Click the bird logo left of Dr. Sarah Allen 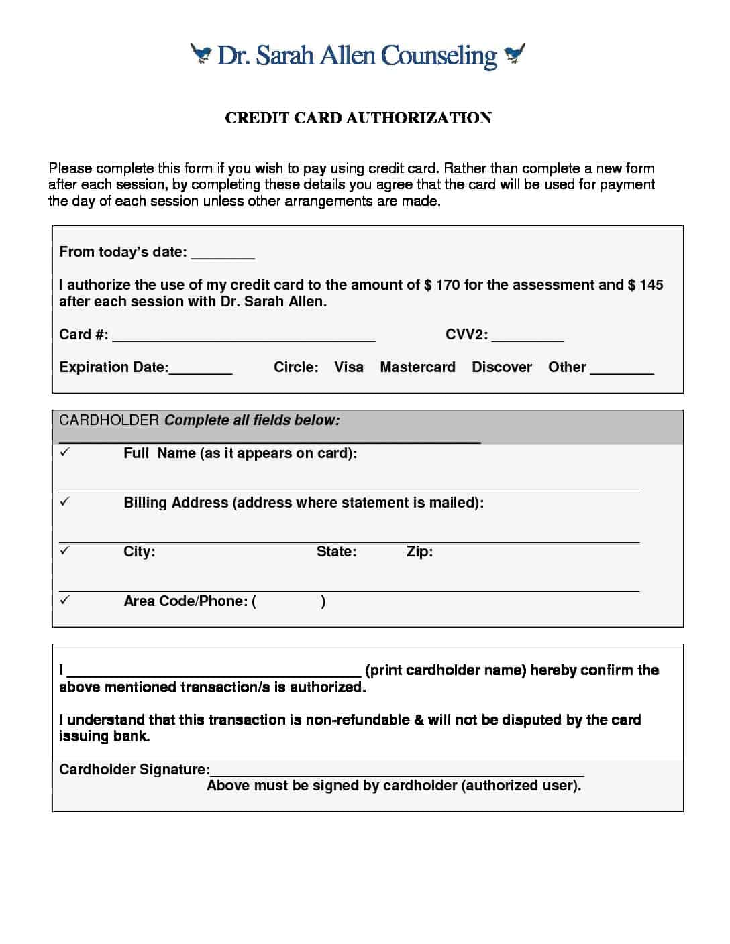click(201, 54)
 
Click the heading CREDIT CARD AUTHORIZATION click(358, 118)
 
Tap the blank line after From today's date click(223, 255)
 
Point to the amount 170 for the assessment click(448, 285)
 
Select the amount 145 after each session click(651, 285)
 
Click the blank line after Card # click(244, 337)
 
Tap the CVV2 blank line click(527, 337)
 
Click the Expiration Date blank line click(201, 370)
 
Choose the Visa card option click(349, 367)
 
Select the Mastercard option click(417, 367)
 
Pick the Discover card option click(502, 367)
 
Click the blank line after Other click(622, 370)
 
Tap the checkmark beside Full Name click(64, 453)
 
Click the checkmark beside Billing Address click(64, 501)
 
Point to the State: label click(336, 552)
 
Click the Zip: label click(419, 552)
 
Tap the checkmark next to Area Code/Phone click(64, 601)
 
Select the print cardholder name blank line click(214, 673)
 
